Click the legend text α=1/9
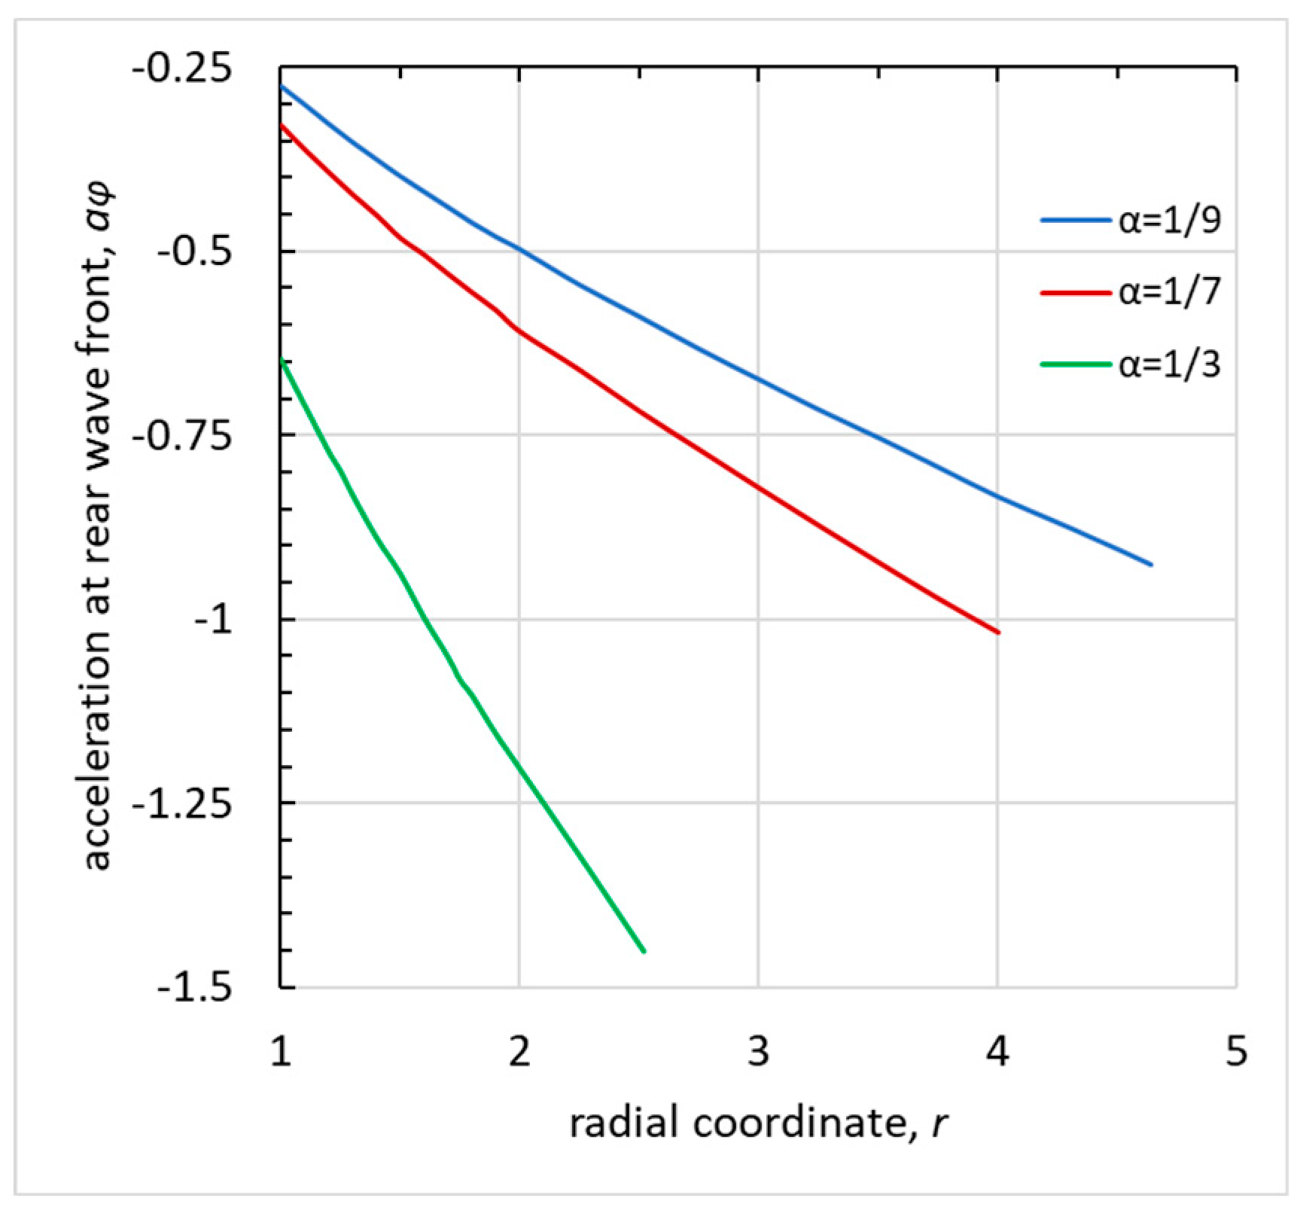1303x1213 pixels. pyautogui.click(x=1169, y=221)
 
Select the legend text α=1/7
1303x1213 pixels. pyautogui.click(x=1169, y=293)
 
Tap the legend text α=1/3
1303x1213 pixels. pyautogui.click(x=1169, y=365)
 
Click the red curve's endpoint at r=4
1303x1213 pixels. pyautogui.click(x=998, y=632)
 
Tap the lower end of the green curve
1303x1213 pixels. pyautogui.click(x=644, y=951)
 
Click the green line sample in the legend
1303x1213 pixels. pyautogui.click(x=1076, y=365)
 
